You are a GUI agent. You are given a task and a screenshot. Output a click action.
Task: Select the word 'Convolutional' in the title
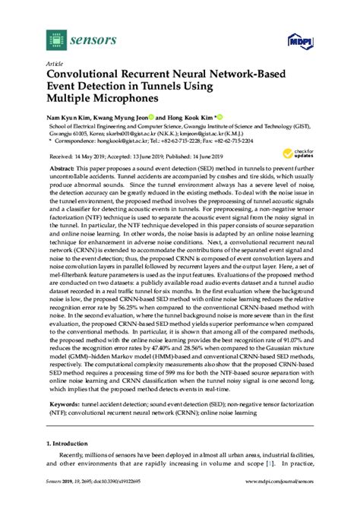tap(82, 76)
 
